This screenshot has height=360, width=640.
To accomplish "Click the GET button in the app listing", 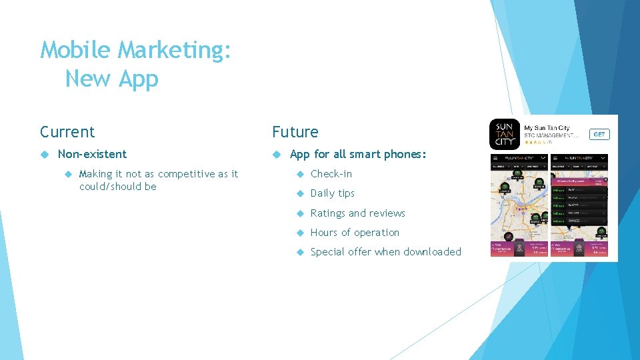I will pyautogui.click(x=599, y=134).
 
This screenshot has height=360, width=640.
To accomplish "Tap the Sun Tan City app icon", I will pyautogui.click(x=505, y=134).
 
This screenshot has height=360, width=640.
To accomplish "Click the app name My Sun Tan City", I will pyautogui.click(x=547, y=128).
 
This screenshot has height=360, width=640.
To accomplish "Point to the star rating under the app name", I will pyautogui.click(x=535, y=142).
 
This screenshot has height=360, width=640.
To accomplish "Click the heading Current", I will pyautogui.click(x=67, y=132).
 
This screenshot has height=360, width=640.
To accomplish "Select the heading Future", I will pyautogui.click(x=295, y=132).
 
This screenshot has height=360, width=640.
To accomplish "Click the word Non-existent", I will pyautogui.click(x=92, y=154).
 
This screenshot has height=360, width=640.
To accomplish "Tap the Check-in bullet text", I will pyautogui.click(x=331, y=174).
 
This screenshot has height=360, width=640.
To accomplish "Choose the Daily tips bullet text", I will pyautogui.click(x=333, y=193).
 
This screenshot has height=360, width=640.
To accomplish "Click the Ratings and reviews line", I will pyautogui.click(x=358, y=213).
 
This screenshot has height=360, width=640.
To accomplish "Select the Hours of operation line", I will pyautogui.click(x=355, y=233).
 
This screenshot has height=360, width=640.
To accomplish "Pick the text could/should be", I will pyautogui.click(x=117, y=187).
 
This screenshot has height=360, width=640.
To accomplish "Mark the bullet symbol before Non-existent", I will pyautogui.click(x=45, y=154).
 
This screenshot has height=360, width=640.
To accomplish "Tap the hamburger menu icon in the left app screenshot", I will pyautogui.click(x=496, y=158).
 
